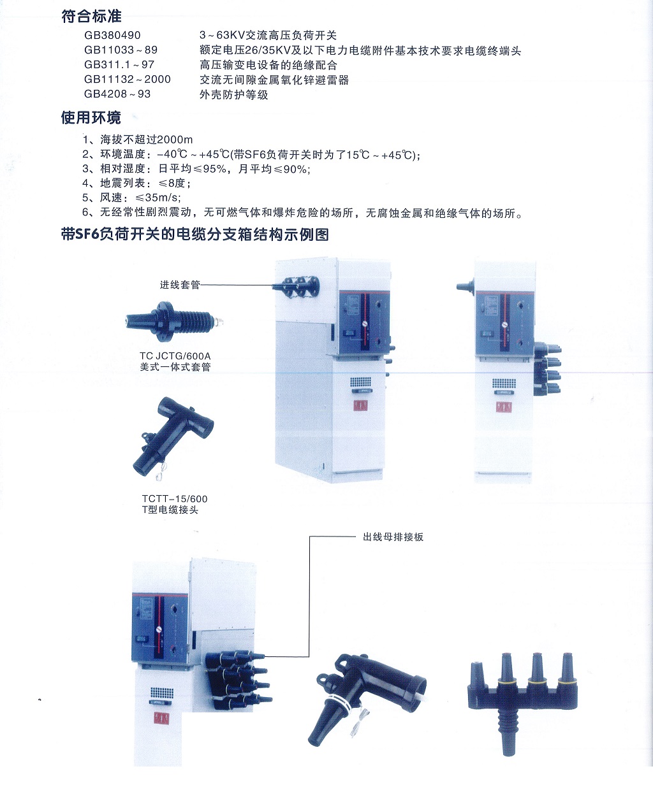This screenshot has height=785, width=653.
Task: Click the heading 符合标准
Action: [x=91, y=17]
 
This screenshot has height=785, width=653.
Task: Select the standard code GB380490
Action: [x=112, y=35]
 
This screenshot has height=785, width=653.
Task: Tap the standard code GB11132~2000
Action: [x=127, y=79]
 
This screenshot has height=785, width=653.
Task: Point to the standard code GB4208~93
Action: [x=117, y=94]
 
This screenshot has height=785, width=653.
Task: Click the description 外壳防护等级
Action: [x=234, y=94]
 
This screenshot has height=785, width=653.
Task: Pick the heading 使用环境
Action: [x=91, y=118]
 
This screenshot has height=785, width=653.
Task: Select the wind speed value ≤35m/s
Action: [x=158, y=198]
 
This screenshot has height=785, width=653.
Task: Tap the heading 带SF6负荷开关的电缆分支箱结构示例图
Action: [x=195, y=234]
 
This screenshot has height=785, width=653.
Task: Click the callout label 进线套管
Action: [x=180, y=285]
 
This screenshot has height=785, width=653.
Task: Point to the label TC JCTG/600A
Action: [x=175, y=356]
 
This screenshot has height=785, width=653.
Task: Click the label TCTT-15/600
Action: [x=175, y=499]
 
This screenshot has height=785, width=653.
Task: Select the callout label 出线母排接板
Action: [x=393, y=537]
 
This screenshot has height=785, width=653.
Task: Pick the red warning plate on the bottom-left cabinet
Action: [x=162, y=717]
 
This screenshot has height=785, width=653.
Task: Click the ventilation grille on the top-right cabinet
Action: [x=504, y=384]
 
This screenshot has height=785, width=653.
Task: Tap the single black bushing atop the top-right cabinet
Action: [x=466, y=287]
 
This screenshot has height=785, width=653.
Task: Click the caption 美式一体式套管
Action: [x=175, y=367]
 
